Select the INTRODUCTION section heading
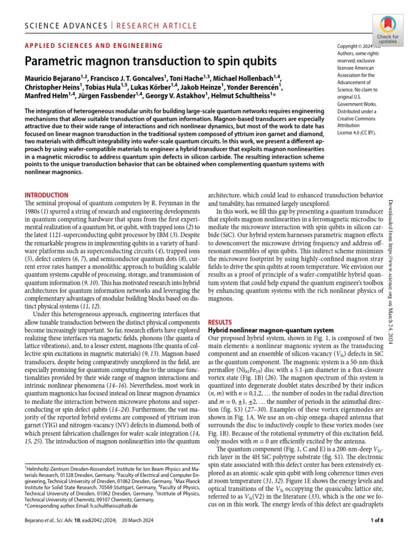pyautogui.click(x=47, y=195)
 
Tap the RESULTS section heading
pyautogui.click(x=220, y=323)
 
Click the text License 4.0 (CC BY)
pyautogui.click(x=357, y=133)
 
